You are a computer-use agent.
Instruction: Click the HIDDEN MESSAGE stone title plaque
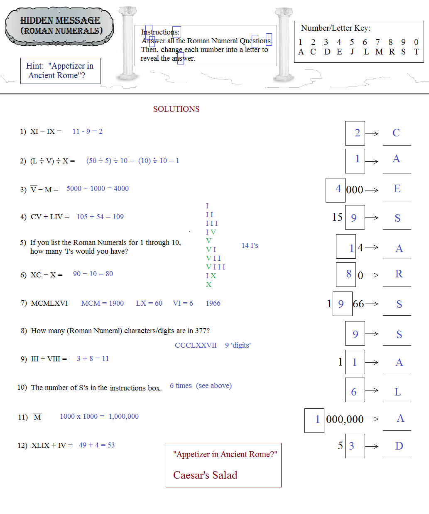tap(59, 26)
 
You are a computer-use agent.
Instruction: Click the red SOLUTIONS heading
tap(176, 109)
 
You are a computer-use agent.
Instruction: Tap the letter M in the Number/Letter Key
tap(379, 52)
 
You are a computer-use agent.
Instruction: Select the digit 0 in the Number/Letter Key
tap(416, 42)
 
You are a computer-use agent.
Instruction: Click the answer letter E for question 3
tap(397, 189)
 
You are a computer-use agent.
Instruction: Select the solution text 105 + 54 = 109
tap(100, 217)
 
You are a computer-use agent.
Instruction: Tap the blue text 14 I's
tap(250, 245)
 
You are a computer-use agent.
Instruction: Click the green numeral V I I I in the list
tap(216, 267)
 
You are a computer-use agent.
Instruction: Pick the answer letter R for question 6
tap(399, 274)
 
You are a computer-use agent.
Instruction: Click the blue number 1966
tap(213, 303)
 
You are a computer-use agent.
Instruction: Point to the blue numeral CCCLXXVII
tap(196, 345)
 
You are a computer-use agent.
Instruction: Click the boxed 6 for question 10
tap(354, 392)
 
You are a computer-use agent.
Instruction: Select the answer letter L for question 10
tap(397, 392)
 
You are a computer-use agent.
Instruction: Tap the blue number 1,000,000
tap(124, 416)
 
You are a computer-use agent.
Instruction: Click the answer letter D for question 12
tap(399, 446)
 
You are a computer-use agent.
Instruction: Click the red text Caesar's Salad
tap(205, 475)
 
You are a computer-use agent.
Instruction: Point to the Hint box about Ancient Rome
tap(60, 71)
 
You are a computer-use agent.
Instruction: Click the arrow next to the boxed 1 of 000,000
tap(372, 419)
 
